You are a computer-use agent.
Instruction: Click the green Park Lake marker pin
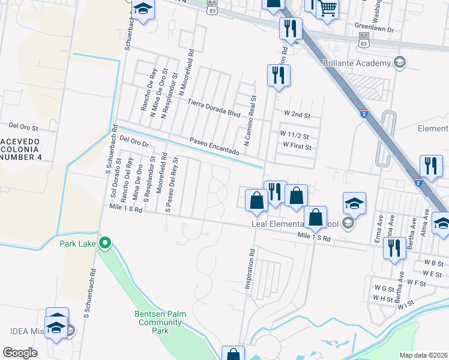tap(105, 243)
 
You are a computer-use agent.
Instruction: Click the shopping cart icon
tap(328, 9)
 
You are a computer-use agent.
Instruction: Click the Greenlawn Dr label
tap(373, 28)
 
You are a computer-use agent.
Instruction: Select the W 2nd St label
tap(297, 113)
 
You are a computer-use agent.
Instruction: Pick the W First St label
tap(297, 146)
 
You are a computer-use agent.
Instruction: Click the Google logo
tap(20, 353)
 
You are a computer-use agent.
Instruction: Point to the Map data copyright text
tap(424, 355)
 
